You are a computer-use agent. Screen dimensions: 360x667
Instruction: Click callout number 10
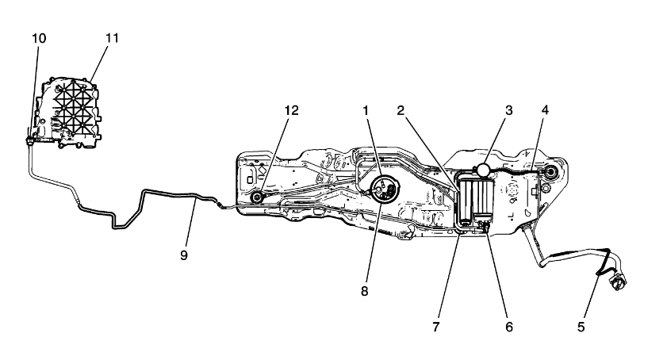coord(38,38)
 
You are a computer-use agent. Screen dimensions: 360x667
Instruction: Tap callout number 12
coord(291,110)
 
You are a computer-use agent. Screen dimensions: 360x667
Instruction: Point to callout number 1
coord(366,110)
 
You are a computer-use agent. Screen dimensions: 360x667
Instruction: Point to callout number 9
coord(183,255)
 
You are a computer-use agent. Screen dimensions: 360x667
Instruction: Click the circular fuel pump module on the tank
coord(381,190)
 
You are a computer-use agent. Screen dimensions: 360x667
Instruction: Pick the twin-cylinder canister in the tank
coord(476,202)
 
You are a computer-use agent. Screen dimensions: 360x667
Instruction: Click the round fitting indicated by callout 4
coord(547,171)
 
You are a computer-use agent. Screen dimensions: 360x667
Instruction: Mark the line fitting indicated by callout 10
coord(30,140)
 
